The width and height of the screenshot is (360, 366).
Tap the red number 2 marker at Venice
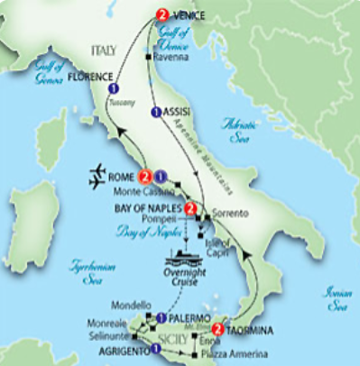click(x=162, y=14)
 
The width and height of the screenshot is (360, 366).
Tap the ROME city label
click(x=123, y=177)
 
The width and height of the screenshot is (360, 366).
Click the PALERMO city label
click(x=189, y=318)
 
